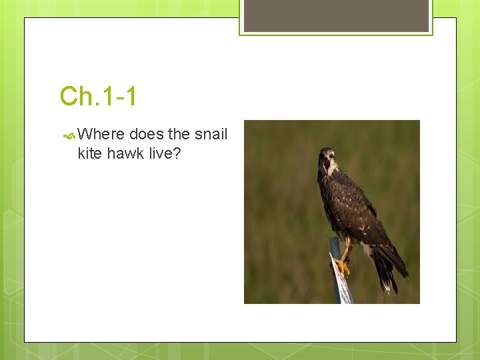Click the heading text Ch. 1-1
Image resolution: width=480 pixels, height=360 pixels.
tap(98, 97)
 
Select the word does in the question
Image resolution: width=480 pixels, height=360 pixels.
tap(146, 134)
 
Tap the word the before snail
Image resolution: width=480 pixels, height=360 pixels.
tap(179, 134)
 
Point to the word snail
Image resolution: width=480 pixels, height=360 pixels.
tap(211, 134)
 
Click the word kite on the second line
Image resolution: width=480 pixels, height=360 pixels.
tap(89, 154)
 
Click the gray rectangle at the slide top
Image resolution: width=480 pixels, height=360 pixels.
tap(336, 15)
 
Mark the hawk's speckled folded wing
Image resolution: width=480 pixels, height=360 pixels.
tap(353, 207)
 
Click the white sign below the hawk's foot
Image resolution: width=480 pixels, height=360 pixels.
tap(341, 287)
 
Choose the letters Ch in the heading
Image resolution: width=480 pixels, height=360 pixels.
tap(73, 97)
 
